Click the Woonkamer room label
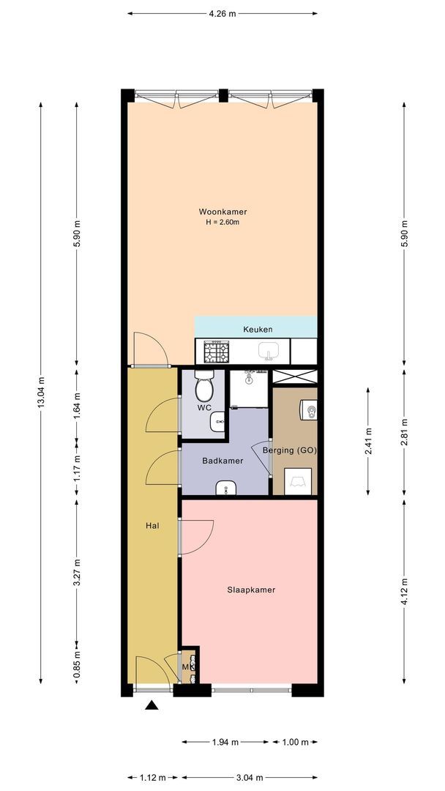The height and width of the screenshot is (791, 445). pos(222,212)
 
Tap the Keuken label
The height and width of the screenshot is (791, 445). pos(258,330)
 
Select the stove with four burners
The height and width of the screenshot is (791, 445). pos(216,351)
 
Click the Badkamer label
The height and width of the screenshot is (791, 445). pos(222,461)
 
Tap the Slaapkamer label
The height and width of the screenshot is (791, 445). pos(251,589)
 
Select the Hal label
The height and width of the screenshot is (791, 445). pos(153,525)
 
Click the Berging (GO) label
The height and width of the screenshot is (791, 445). pos(289,450)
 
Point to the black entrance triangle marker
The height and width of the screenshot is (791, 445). pos(152,705)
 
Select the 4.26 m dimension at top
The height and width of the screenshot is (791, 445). pos(222,14)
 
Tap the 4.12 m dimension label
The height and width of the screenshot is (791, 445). pos(404,591)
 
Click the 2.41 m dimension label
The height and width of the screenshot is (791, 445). pos(368,442)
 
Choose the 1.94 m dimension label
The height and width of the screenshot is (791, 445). pos(225,742)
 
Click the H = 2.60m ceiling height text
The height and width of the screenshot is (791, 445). pos(222,222)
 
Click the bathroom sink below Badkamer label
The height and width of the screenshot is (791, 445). pos(227,488)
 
